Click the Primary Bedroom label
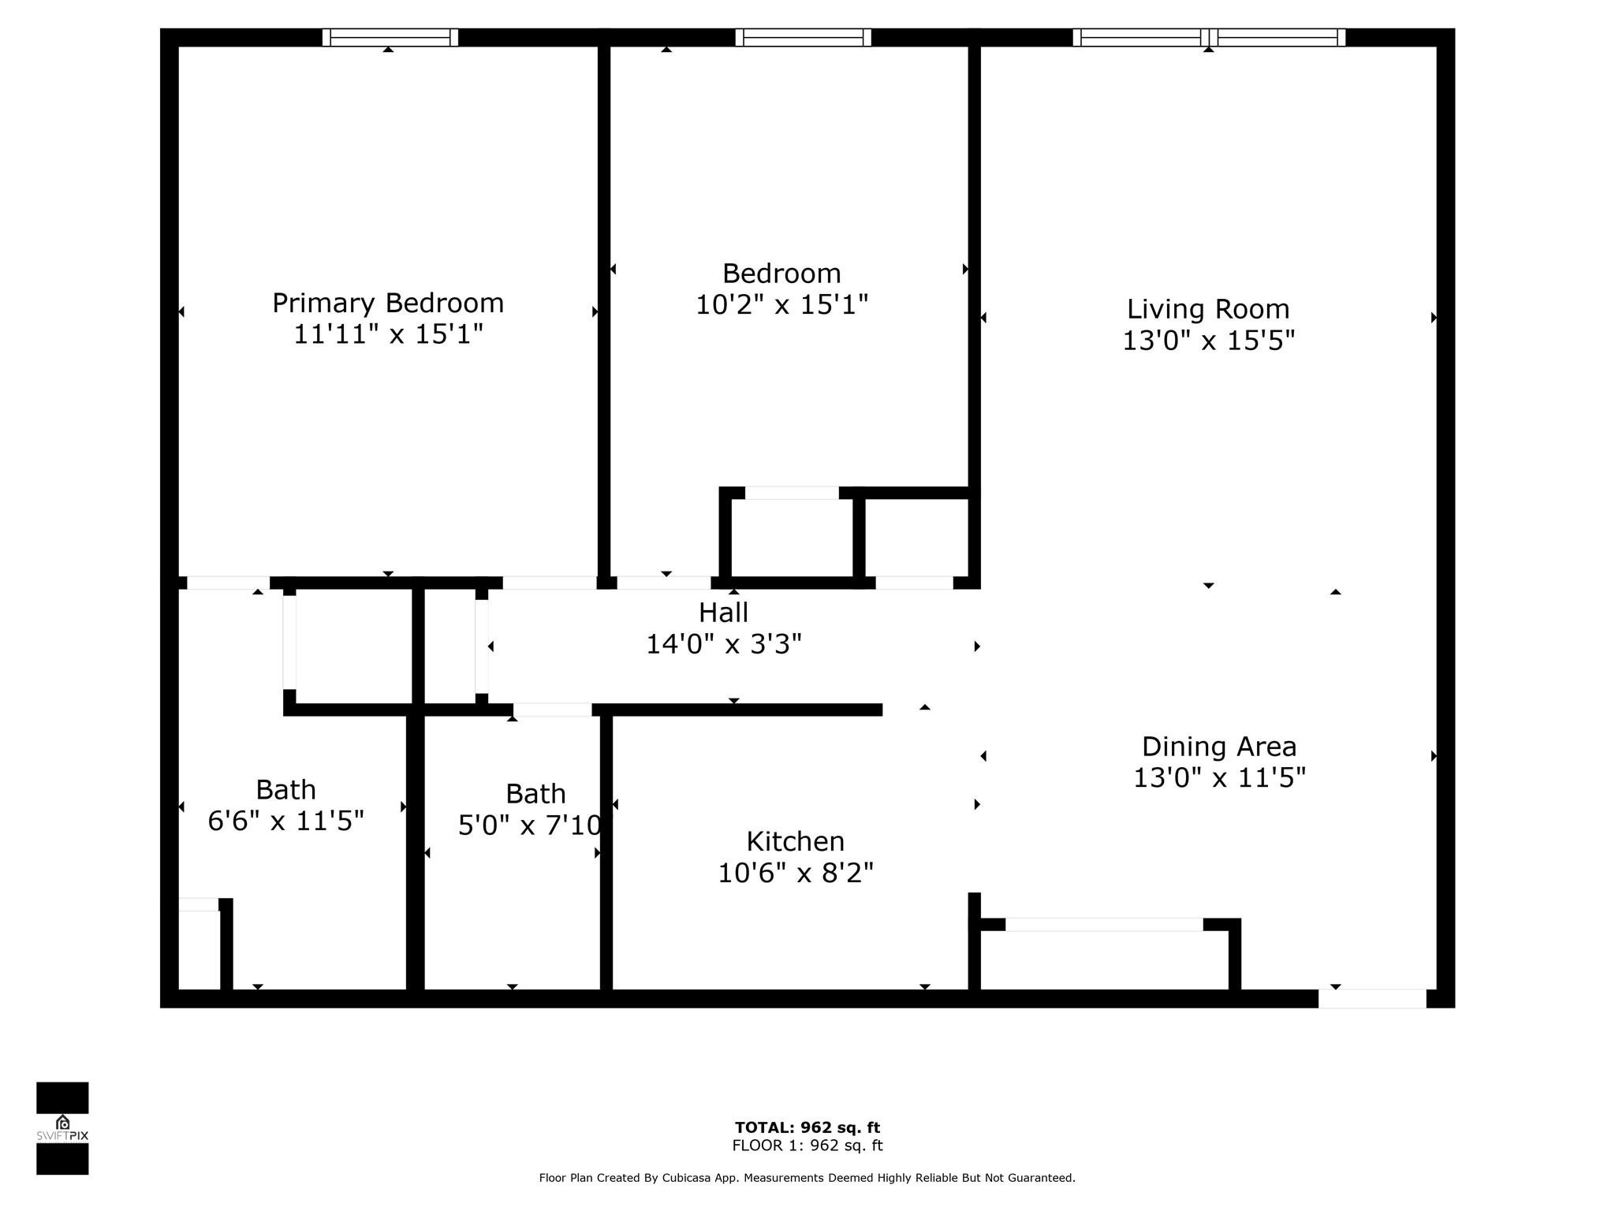[387, 304]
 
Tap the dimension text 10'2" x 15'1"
[781, 305]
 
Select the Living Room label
[1207, 309]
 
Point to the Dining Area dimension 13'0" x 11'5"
[1219, 778]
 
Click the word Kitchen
[795, 841]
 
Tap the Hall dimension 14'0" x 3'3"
[723, 645]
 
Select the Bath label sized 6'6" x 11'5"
[285, 790]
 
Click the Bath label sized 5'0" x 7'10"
[535, 793]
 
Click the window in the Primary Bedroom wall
[390, 38]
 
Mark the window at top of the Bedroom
[803, 38]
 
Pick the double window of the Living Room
[1208, 38]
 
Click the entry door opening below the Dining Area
[1372, 998]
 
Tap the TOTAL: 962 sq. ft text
[807, 1127]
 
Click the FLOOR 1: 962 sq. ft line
[807, 1146]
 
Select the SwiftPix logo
[62, 1128]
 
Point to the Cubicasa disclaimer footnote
[807, 1178]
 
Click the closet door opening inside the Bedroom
[792, 494]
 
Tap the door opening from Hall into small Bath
[552, 710]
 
